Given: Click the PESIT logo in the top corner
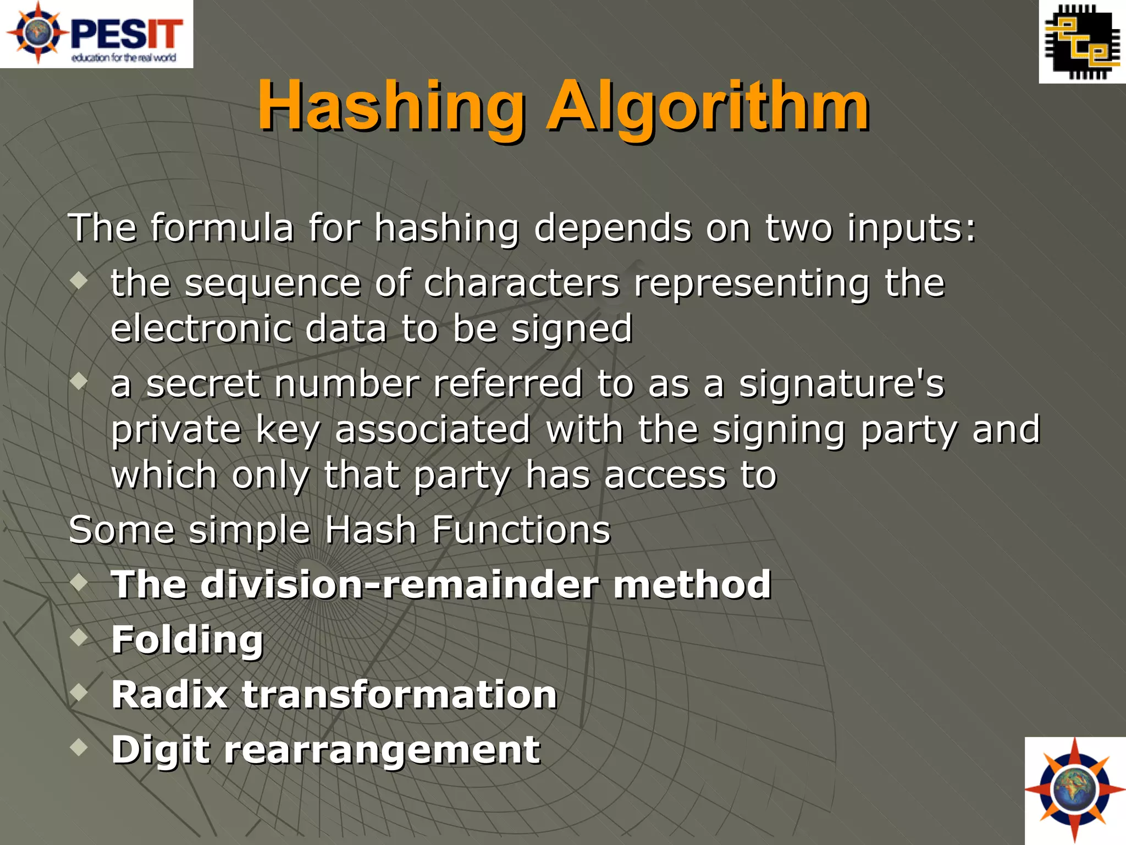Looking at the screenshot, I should point(96,34).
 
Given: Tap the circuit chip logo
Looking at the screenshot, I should point(1082,42).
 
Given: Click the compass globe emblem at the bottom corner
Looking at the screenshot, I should point(1075,791).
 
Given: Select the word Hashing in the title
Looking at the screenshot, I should point(391,106).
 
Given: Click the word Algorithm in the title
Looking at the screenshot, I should point(708,106).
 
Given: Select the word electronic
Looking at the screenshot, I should point(201,328).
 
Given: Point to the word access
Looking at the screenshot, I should point(665,475).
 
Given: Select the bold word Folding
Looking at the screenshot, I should point(187,640).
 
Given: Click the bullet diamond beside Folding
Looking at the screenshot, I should point(80,637).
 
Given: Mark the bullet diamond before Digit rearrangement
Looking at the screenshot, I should point(80,747).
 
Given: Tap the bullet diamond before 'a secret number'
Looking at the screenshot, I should point(80,381).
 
